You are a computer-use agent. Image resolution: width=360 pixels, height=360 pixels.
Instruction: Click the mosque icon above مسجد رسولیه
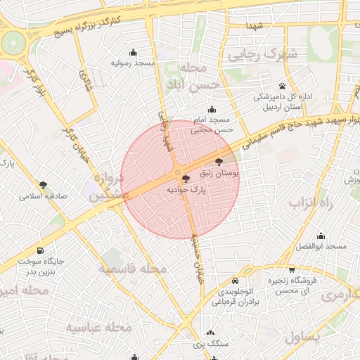(x=134, y=52)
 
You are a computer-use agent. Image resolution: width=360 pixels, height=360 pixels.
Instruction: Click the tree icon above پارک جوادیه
(x=186, y=179)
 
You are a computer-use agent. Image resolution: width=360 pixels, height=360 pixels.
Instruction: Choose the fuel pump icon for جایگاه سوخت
(x=39, y=250)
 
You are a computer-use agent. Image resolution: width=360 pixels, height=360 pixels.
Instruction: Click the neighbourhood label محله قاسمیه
(x=133, y=269)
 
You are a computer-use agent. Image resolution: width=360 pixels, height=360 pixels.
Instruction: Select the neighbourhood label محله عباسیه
(x=99, y=327)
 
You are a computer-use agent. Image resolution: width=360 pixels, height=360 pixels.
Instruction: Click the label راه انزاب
(x=305, y=202)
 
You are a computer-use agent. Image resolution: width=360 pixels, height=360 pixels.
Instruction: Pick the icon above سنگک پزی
(x=211, y=333)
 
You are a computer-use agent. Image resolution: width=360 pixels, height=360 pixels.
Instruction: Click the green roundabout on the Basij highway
(x=12, y=43)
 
